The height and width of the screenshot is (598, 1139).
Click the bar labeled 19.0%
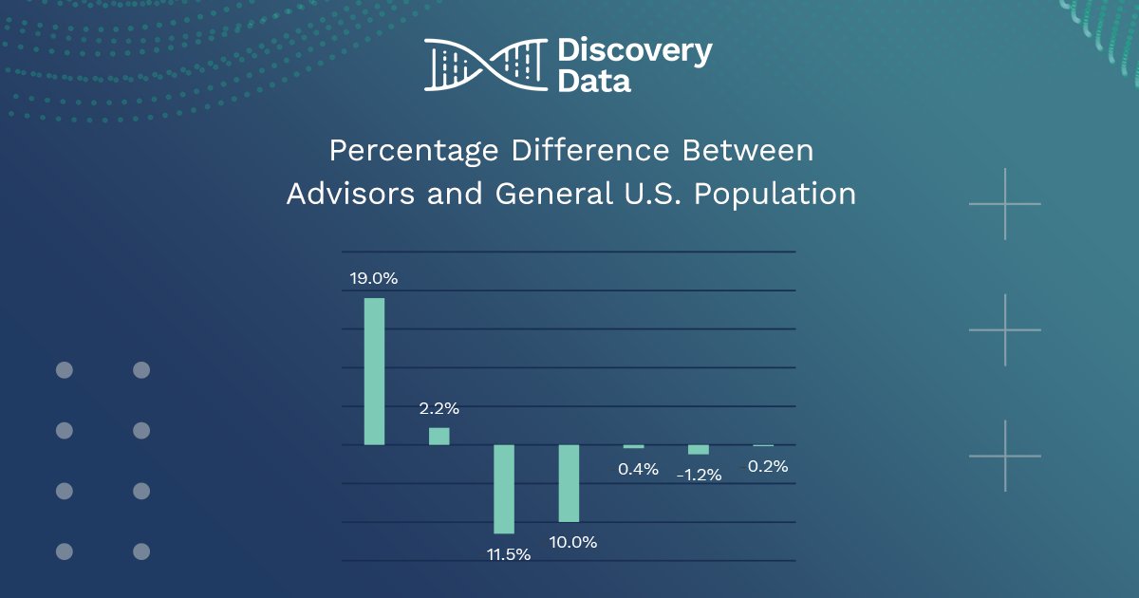click(x=375, y=371)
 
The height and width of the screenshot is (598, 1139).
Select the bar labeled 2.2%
click(x=439, y=436)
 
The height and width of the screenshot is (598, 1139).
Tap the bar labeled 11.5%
click(x=503, y=489)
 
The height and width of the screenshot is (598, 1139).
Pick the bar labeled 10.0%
click(x=569, y=483)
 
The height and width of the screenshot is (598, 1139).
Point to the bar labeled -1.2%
click(x=699, y=449)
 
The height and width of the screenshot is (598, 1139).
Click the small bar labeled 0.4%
click(x=633, y=446)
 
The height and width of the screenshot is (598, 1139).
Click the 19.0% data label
click(x=374, y=279)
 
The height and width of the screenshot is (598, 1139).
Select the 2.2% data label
click(x=439, y=409)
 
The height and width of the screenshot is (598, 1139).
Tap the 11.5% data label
click(x=508, y=554)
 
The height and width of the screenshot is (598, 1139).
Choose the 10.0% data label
click(x=573, y=543)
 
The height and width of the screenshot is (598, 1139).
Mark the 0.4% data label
click(x=638, y=468)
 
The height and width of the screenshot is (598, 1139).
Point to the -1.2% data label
click(x=700, y=475)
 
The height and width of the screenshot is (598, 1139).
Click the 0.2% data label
click(x=768, y=467)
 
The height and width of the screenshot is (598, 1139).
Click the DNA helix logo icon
click(x=485, y=65)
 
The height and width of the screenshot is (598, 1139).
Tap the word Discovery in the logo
click(x=634, y=51)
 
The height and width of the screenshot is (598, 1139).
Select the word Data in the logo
click(x=594, y=82)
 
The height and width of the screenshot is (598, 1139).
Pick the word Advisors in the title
click(x=350, y=194)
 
